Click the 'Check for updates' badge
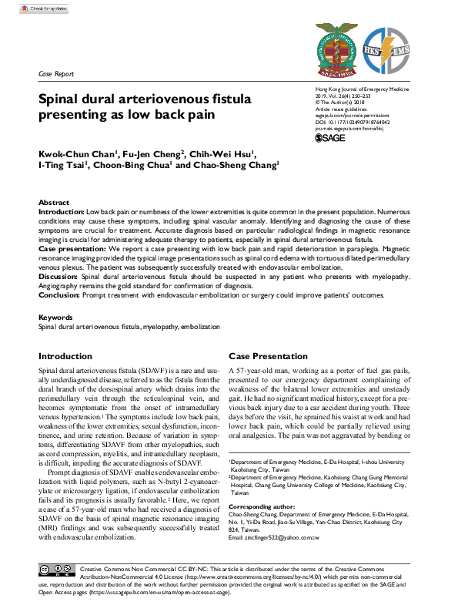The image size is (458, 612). click(39, 9)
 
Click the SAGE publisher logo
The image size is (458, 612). click(331, 138)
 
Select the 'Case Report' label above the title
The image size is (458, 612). click(55, 74)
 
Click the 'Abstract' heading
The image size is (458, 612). click(54, 202)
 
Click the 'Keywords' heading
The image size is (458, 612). click(56, 317)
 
